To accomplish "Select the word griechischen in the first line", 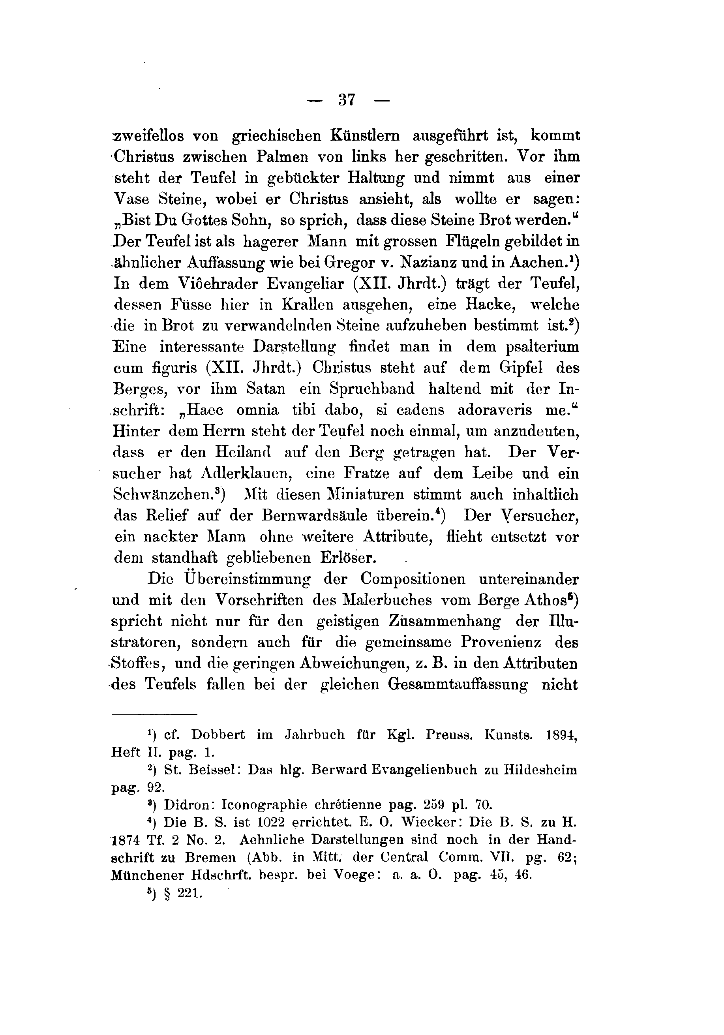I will coord(276,136).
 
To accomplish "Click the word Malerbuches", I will coord(382,601).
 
